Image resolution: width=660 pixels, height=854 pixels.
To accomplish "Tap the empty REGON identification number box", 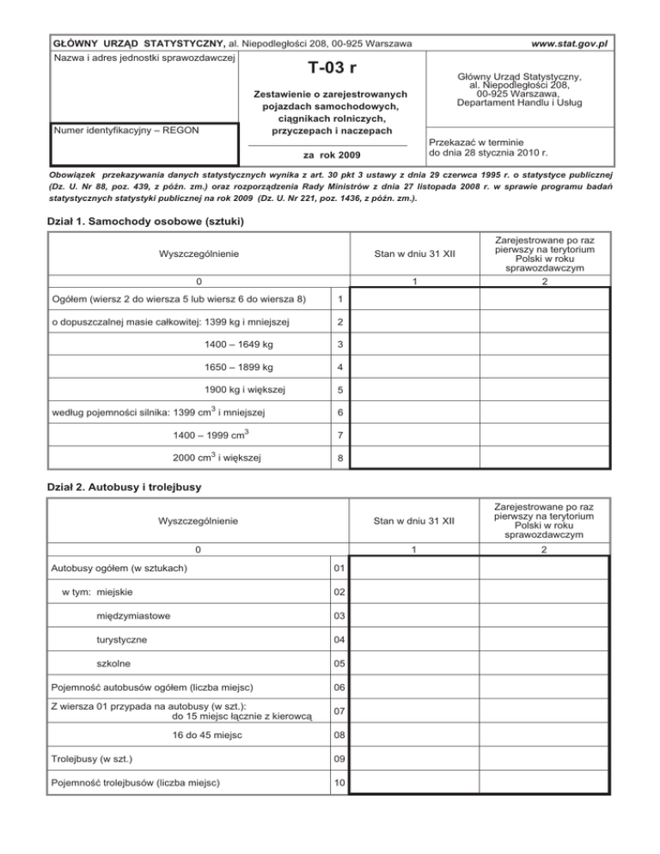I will (144, 151).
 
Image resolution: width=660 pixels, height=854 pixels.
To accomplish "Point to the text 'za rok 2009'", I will (332, 156).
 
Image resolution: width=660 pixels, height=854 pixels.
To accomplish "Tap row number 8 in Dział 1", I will (340, 458).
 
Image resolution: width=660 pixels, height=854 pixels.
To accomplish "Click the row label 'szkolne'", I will (114, 662).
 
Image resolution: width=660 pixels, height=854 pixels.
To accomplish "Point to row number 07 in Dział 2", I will (340, 711).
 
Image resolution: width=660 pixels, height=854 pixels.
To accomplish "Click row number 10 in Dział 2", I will (340, 783).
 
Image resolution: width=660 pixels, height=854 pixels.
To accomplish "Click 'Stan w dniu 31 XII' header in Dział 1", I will (413, 254).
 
